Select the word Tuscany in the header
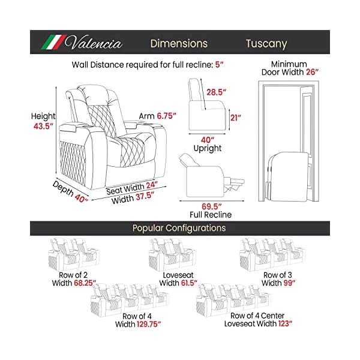[266, 44]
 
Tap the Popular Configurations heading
[179, 228]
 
